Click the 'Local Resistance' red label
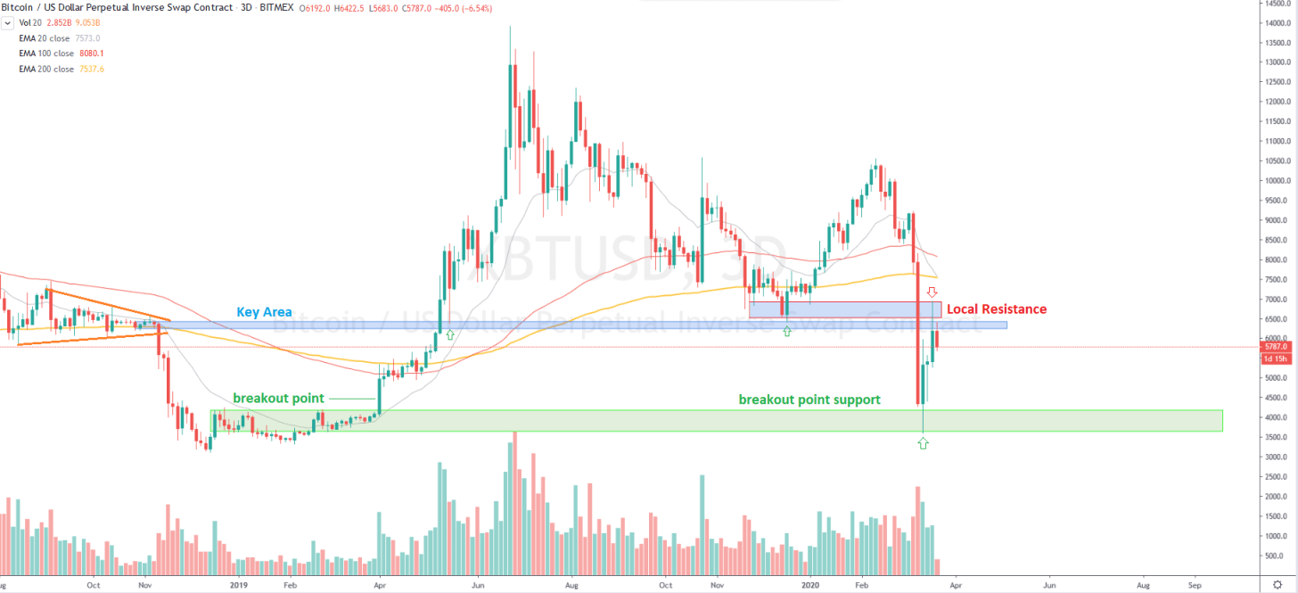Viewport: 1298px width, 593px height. [x=996, y=309]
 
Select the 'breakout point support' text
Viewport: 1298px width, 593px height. [x=809, y=399]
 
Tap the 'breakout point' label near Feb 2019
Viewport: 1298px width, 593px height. [x=278, y=398]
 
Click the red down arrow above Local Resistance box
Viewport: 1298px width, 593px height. [x=932, y=292]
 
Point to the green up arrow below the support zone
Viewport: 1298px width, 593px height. [x=923, y=442]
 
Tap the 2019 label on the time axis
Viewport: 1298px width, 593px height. [x=238, y=586]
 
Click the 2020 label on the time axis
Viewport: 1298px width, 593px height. [x=810, y=586]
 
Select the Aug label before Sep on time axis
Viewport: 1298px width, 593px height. [x=1143, y=586]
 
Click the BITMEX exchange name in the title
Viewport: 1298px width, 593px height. [x=276, y=8]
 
